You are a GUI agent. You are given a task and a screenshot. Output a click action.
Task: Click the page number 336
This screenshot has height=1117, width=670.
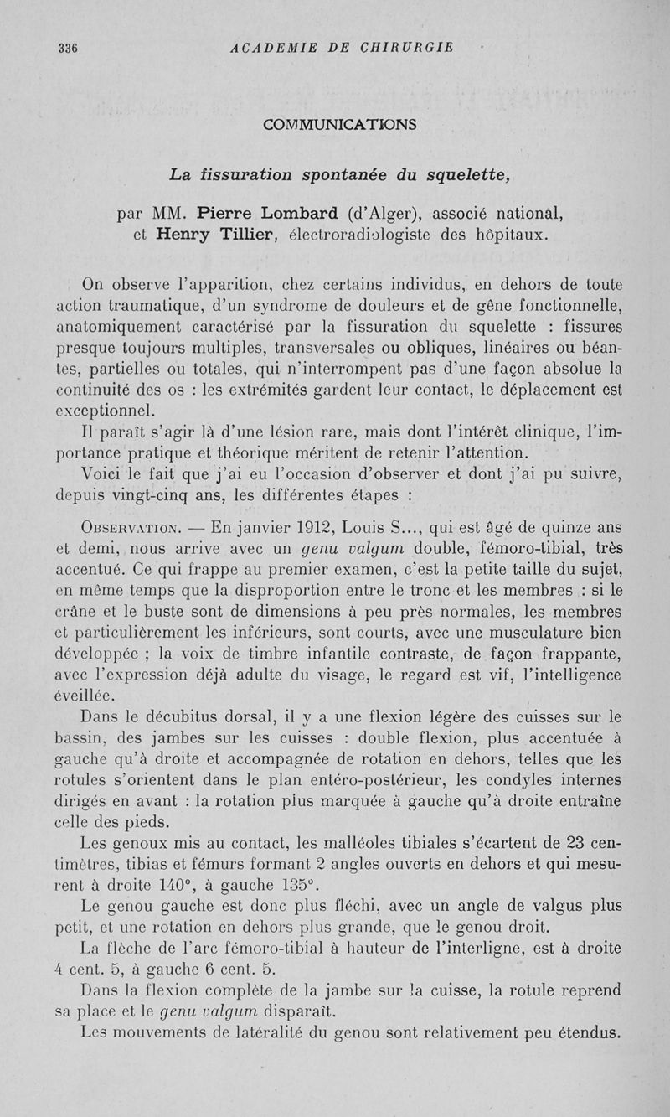coord(68,48)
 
